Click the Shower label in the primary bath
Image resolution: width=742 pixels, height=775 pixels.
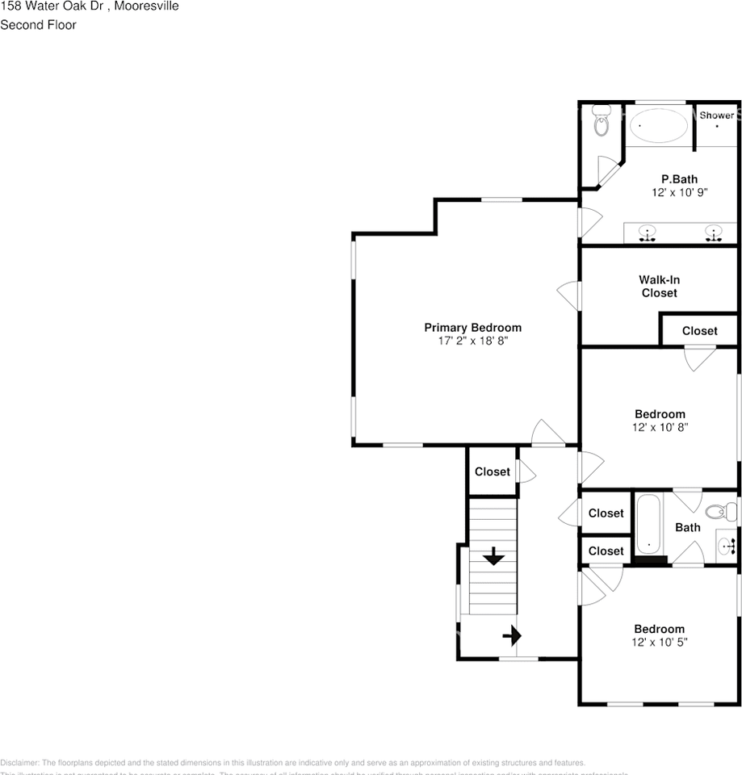point(716,115)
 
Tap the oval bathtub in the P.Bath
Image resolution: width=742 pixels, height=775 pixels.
point(660,126)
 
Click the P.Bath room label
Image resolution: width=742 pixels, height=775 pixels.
point(679,179)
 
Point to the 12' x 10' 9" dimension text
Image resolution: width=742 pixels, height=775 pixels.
point(679,193)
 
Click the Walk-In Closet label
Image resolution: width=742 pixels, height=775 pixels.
point(660,287)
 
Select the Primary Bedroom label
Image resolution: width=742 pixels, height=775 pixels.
point(472,327)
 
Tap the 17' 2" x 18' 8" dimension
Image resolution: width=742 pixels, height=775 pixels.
point(472,341)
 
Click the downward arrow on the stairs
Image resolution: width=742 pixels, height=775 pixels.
point(493,556)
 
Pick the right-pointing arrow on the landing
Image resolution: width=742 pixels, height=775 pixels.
point(512,636)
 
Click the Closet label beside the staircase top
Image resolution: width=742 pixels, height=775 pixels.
point(492,471)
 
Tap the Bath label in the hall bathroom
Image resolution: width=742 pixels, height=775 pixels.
point(687,527)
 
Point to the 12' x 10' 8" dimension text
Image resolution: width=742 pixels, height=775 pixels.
point(660,428)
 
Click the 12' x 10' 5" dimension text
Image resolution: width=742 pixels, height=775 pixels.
point(659,643)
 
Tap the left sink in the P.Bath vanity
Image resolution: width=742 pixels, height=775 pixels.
point(647,234)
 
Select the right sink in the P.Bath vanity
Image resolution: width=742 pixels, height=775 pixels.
point(713,234)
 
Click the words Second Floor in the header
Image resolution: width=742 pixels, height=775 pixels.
point(38,25)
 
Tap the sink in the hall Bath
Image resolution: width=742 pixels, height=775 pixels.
point(727,546)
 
